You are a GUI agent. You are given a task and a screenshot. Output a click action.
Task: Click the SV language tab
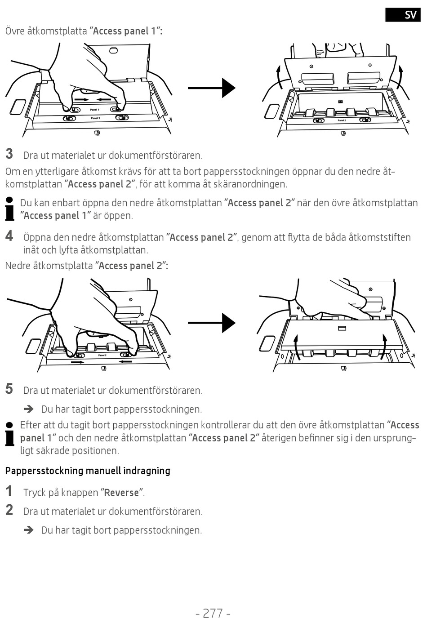[403, 14]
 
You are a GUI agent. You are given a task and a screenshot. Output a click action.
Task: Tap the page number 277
[213, 613]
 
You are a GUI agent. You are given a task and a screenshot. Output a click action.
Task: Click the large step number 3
[9, 154]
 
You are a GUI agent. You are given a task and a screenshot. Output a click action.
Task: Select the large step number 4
[9, 236]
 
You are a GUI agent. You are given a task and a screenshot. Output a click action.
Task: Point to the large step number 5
[9, 389]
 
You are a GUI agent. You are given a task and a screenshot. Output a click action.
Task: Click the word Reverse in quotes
[121, 493]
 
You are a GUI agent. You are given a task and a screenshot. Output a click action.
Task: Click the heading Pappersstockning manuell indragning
[88, 471]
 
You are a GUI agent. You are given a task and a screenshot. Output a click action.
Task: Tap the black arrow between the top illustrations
[211, 88]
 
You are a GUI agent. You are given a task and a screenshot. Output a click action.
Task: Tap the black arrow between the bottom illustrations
[211, 323]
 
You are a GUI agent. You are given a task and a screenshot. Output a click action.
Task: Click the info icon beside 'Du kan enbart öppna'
[9, 209]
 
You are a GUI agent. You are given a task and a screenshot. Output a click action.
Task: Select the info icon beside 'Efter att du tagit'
[9, 434]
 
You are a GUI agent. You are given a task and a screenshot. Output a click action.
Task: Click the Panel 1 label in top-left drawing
[94, 110]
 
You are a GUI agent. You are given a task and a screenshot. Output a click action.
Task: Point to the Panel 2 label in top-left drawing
[95, 118]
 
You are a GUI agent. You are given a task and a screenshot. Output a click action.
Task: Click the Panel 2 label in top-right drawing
[342, 120]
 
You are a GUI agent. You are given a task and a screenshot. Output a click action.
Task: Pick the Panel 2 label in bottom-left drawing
[102, 355]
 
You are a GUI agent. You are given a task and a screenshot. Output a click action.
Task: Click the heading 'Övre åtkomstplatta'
[83, 31]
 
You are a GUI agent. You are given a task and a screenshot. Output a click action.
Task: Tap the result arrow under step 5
[29, 409]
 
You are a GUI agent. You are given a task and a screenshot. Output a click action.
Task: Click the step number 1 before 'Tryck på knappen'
[9, 491]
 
